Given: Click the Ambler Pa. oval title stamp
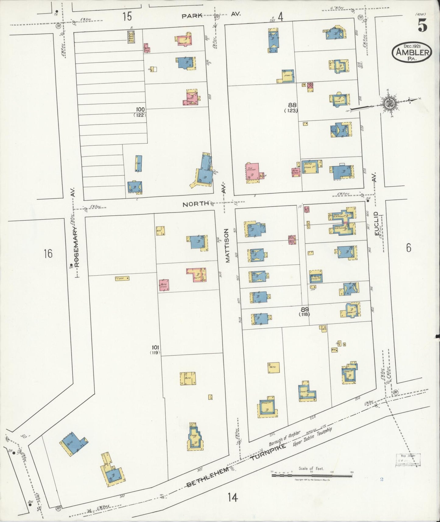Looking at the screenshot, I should point(412,52).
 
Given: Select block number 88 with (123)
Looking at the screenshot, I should point(292,107).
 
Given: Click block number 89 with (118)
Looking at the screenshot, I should point(304,311).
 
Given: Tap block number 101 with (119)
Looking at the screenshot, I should point(155,349).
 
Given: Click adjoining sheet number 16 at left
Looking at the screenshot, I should point(48,253).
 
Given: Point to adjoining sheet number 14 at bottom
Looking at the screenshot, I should point(232,498).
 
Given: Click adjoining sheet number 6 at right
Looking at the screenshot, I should point(408,248).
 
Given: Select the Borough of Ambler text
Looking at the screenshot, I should point(285,438).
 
